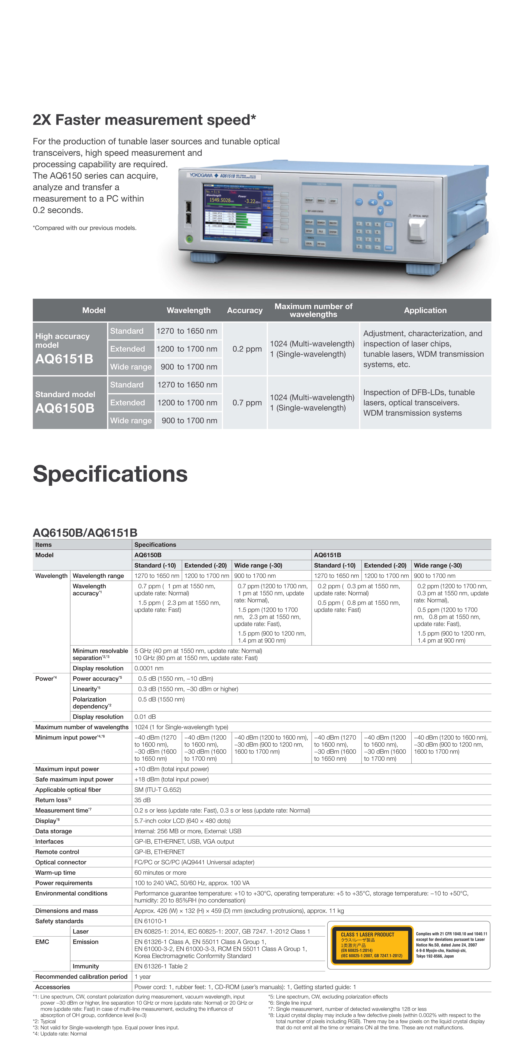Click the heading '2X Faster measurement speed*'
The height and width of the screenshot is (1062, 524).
(x=144, y=120)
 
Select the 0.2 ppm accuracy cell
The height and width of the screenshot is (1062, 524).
(x=247, y=349)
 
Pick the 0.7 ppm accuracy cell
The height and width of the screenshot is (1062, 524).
(x=247, y=402)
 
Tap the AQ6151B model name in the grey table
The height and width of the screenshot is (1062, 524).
(x=64, y=359)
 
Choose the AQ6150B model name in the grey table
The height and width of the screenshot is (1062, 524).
(x=65, y=408)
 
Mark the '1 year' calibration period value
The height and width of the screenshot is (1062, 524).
(x=142, y=977)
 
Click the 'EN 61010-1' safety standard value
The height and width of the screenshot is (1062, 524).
(x=150, y=921)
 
